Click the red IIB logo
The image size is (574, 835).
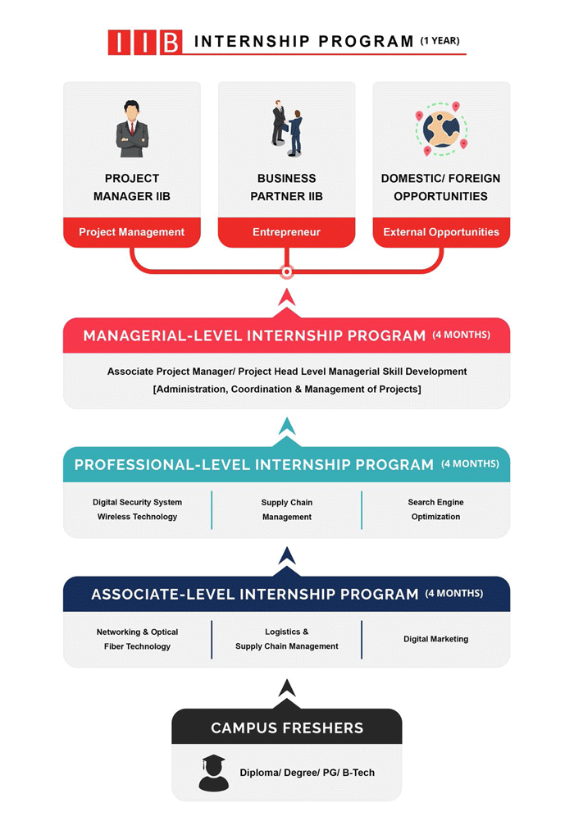(145, 43)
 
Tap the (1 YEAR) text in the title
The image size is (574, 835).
(440, 41)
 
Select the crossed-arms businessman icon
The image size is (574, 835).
(132, 129)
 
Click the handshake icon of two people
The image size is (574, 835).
(287, 128)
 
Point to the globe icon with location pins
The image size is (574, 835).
(441, 129)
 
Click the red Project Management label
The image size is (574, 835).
(131, 232)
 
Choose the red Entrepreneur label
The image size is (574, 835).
(286, 232)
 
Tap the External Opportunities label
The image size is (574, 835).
(441, 232)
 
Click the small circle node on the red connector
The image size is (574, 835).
(287, 272)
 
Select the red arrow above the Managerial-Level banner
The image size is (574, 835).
(287, 297)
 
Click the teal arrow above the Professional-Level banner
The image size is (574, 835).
(287, 426)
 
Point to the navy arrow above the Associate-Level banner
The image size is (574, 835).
(287, 555)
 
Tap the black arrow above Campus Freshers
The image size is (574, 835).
(287, 688)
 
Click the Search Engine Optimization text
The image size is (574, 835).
(435, 509)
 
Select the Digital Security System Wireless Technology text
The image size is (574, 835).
(138, 509)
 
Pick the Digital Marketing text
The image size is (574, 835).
(435, 639)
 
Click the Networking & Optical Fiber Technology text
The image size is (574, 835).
(138, 639)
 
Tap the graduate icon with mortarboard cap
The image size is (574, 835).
(213, 773)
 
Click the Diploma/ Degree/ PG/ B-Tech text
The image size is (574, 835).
(307, 773)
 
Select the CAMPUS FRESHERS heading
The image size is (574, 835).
(287, 728)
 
